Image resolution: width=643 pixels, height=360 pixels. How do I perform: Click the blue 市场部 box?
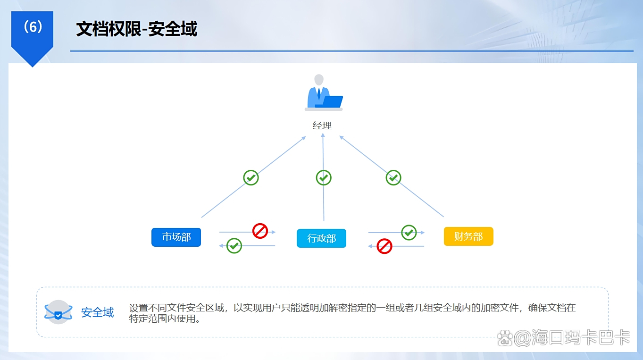[x=176, y=237]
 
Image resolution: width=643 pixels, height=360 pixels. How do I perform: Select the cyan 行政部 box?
[x=321, y=238]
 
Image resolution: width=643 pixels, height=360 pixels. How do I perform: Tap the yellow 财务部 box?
[x=468, y=236]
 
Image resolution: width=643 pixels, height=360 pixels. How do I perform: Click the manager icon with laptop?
[x=323, y=93]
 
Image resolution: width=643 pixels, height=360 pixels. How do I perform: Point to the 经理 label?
[x=322, y=126]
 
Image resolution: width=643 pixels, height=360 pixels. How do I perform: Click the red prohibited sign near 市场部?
[x=260, y=231]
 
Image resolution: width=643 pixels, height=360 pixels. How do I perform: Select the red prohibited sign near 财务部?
[x=384, y=246]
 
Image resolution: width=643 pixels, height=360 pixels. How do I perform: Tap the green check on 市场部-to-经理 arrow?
[x=251, y=177]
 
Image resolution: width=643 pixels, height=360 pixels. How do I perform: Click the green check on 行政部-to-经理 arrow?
[x=324, y=177]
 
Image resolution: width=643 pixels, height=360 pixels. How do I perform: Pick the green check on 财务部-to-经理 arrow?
[x=393, y=177]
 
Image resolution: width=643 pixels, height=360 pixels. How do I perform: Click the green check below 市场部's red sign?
[x=234, y=245]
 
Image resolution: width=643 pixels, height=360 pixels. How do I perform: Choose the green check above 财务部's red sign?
[x=409, y=232]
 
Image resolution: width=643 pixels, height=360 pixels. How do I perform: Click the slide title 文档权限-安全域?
[x=137, y=29]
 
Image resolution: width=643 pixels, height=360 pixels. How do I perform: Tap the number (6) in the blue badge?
[x=33, y=27]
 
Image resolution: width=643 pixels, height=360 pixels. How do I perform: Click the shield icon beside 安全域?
[x=58, y=312]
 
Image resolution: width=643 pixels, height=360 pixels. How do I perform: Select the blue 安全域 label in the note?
[x=98, y=312]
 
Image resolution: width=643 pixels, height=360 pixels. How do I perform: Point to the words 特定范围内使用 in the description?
[x=163, y=318]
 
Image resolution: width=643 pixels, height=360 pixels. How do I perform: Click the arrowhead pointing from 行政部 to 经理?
[x=323, y=135]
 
